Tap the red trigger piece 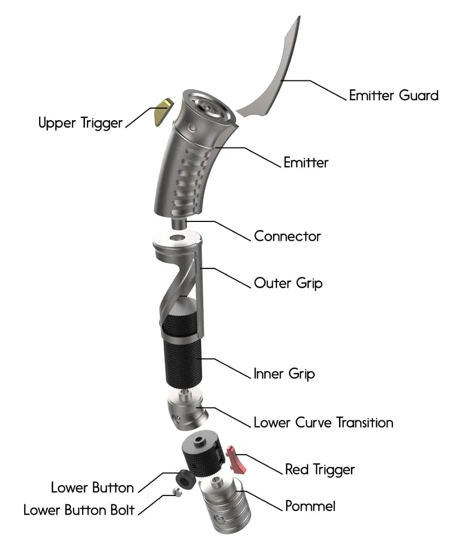pos(237,459)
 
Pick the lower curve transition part pos(185,412)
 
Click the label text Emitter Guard pos(393,95)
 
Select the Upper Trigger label pos(81,123)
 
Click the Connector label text pos(287,236)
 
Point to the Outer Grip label pos(288,283)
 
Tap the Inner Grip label pos(284,373)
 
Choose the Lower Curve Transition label pos(323,422)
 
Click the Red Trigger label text pos(319,470)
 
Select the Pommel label pos(310,506)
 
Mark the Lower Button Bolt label pos(78,510)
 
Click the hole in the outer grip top pos(177,238)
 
